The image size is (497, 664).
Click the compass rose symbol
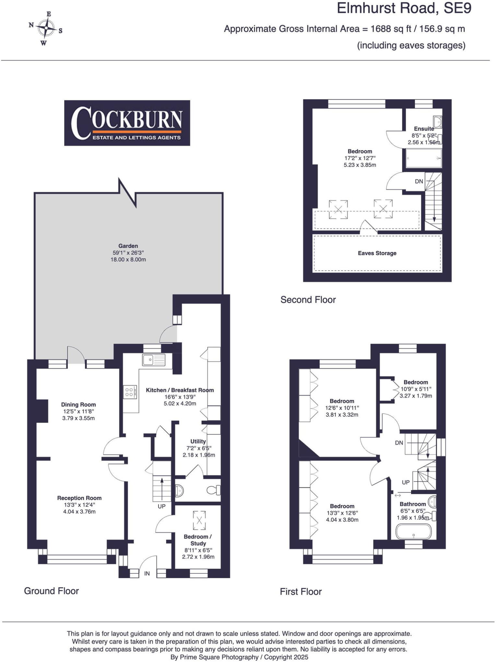point(46,28)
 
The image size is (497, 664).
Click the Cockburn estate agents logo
point(127,123)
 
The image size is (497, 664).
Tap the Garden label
point(128,246)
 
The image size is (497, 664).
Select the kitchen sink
point(153,360)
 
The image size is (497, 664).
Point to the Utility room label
point(198,441)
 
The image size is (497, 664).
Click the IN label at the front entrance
point(147,574)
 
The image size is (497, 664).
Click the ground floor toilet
point(215,490)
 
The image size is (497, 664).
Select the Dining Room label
point(78,404)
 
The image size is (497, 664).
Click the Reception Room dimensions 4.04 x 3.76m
point(79,512)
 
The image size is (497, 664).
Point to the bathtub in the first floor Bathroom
point(414,532)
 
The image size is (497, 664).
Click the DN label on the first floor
point(399,443)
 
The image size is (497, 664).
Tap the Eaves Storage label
point(377,253)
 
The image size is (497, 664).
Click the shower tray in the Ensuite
point(423,158)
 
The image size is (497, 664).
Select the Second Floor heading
point(308,300)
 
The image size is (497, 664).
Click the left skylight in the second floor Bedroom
point(338,209)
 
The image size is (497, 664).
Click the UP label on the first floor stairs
point(406,482)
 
